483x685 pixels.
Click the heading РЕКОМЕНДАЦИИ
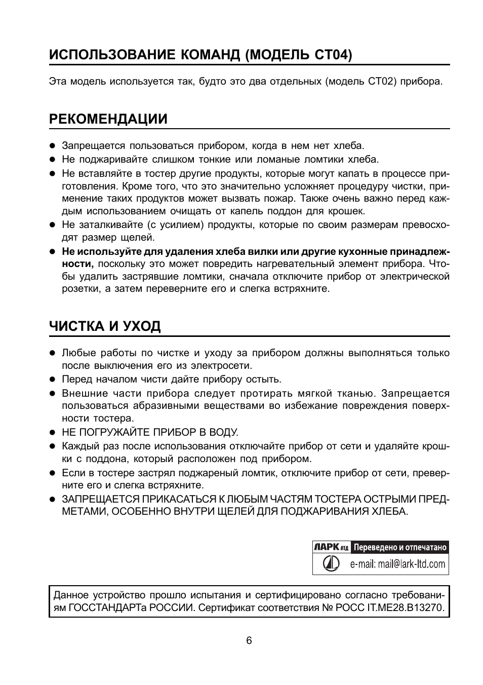click(x=108, y=119)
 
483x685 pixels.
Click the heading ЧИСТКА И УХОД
click(x=105, y=326)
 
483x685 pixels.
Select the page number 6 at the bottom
click(x=249, y=640)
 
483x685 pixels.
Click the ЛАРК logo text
click(x=326, y=547)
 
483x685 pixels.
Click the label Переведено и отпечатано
click(x=400, y=547)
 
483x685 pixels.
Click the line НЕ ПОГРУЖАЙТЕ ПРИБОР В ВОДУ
click(x=150, y=432)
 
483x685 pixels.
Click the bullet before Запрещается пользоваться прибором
click(x=52, y=146)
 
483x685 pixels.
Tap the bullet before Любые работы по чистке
click(x=52, y=353)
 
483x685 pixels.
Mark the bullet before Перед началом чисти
click(x=52, y=379)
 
